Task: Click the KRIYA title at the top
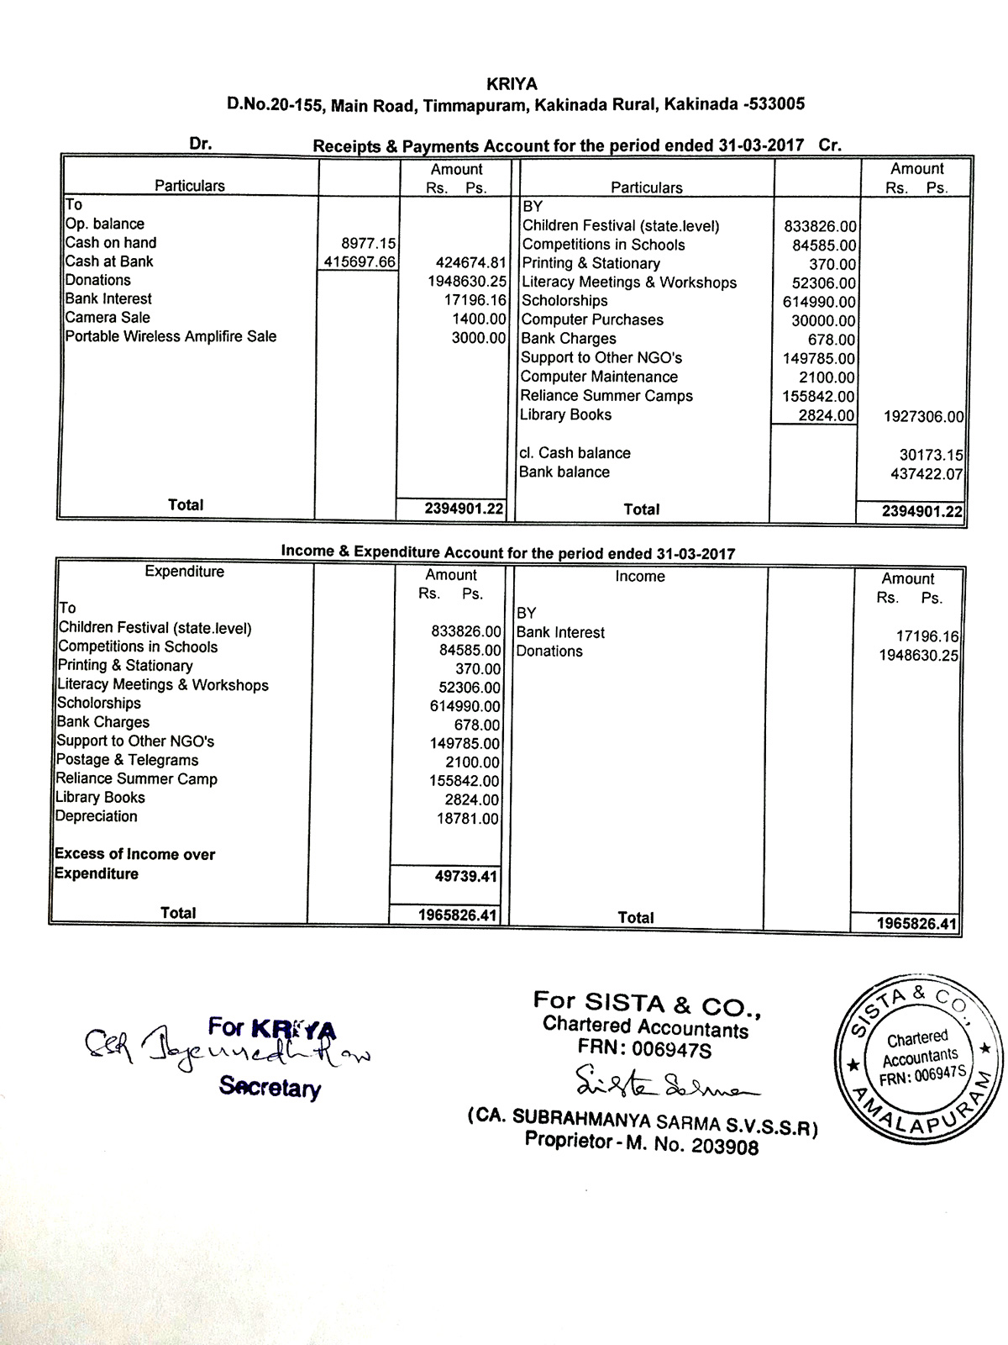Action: (x=512, y=84)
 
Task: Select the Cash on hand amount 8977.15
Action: (x=368, y=243)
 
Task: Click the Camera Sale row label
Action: (x=108, y=318)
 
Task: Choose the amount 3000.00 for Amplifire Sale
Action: (x=479, y=337)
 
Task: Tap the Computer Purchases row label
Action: (x=592, y=320)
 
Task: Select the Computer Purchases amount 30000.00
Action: (x=823, y=321)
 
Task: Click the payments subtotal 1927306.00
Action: (x=923, y=417)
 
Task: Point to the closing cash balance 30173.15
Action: (x=931, y=456)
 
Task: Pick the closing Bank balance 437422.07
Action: (x=927, y=475)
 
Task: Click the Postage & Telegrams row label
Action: (x=127, y=760)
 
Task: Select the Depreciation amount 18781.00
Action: (x=468, y=819)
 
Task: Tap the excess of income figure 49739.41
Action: (x=465, y=877)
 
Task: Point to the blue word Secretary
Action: (x=270, y=1087)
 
